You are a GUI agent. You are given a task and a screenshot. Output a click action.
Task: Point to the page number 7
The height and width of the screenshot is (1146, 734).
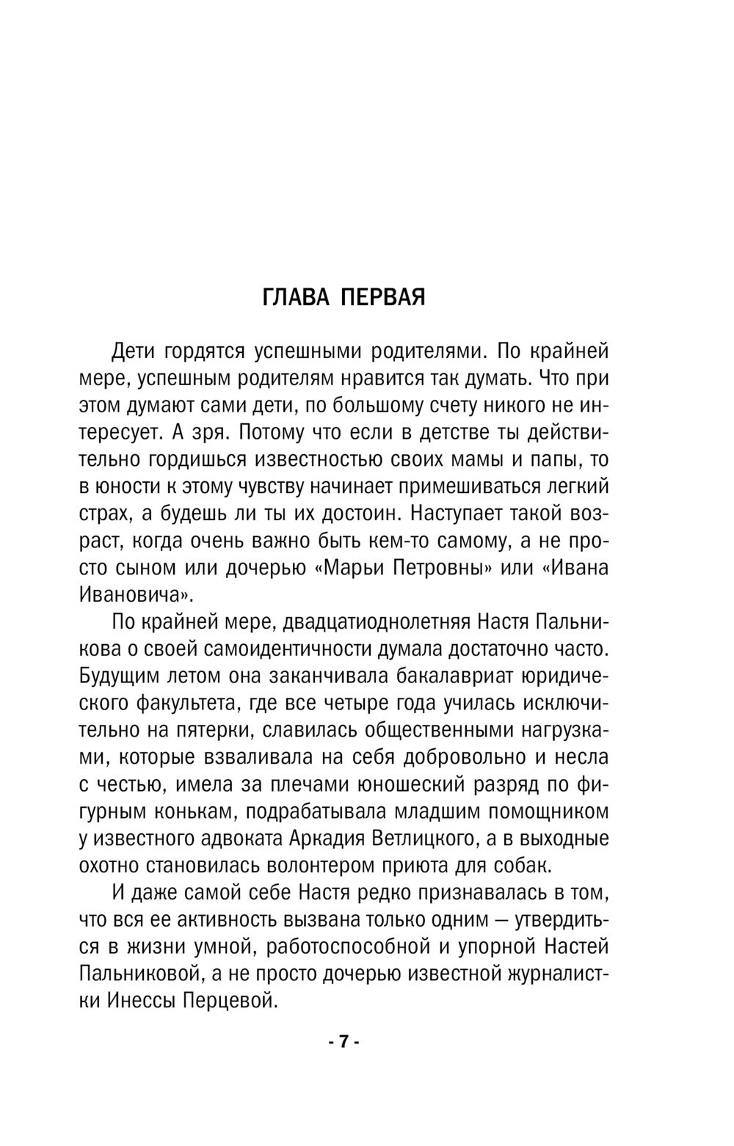click(342, 1042)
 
